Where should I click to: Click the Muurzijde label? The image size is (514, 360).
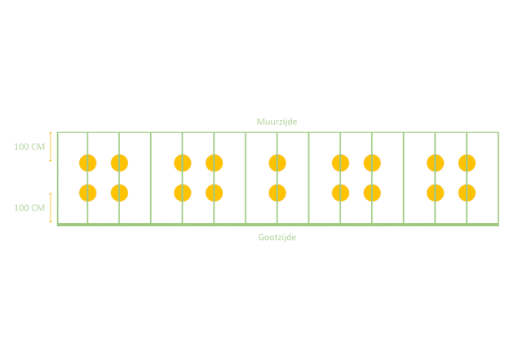pos(277,122)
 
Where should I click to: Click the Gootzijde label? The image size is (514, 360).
pos(277,238)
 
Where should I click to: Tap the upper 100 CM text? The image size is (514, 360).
pos(29,147)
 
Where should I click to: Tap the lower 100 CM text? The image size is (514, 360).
pos(29,208)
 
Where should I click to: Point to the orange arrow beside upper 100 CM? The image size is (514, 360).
pos(51,147)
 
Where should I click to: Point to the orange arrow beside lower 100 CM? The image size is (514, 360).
pos(51,207)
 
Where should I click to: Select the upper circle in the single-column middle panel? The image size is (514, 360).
pos(277,163)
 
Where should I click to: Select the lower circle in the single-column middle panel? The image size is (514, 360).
pos(277,193)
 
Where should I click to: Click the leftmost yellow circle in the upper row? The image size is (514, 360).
pos(87,163)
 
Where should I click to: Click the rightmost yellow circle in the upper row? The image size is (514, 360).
pos(467,163)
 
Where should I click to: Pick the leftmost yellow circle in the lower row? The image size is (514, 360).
pos(87,193)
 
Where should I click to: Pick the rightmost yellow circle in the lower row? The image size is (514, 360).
pos(467,193)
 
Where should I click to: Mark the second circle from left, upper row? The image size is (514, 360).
pos(119,163)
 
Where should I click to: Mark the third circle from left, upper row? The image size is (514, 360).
pos(183,163)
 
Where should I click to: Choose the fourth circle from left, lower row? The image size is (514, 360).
pos(214,193)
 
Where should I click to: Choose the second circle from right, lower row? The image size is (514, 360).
pos(436,193)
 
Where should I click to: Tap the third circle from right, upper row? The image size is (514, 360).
pos(372,163)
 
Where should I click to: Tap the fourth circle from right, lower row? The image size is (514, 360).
pos(340,193)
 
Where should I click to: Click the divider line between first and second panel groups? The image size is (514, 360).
pos(151,178)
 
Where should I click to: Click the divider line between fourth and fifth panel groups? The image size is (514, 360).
pos(404,178)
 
